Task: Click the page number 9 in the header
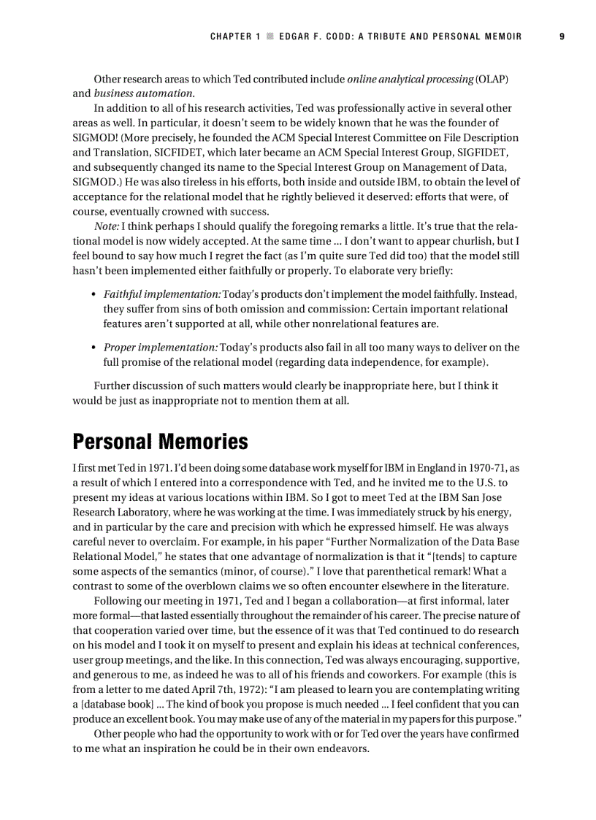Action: (x=562, y=37)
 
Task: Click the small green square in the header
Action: (x=270, y=37)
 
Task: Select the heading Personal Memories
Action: (x=160, y=442)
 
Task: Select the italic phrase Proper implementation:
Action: (x=161, y=348)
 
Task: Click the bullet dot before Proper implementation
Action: (x=93, y=348)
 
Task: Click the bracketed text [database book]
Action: (x=117, y=704)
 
